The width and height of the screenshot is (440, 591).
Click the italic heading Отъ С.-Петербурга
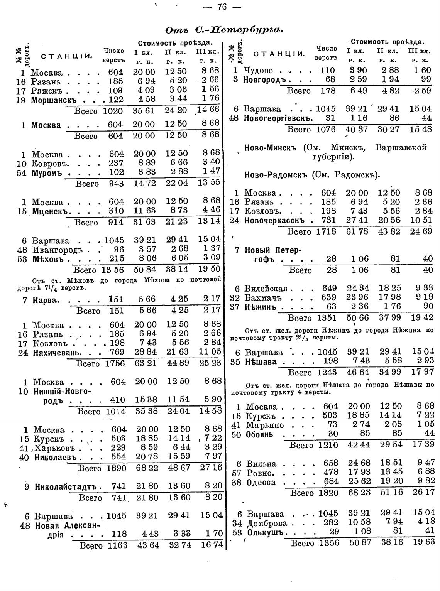coord(225,30)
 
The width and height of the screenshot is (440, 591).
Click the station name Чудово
coord(258,71)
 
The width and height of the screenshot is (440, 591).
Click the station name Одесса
coord(261,483)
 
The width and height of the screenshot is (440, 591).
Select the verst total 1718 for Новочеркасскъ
coord(327,232)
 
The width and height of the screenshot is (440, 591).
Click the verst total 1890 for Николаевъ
coord(115,468)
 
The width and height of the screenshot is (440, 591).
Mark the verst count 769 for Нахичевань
coord(117,352)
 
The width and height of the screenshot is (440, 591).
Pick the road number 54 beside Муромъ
coord(22,172)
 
